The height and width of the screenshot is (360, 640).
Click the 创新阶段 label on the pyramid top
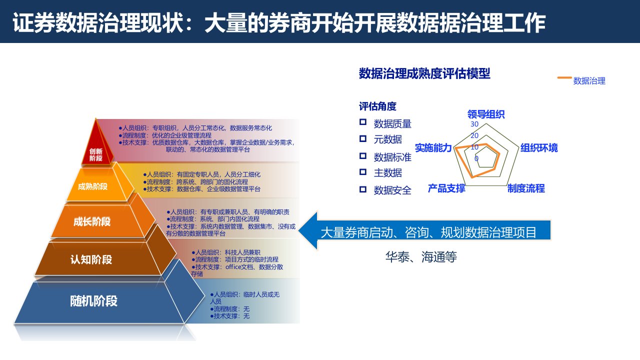click(x=95, y=154)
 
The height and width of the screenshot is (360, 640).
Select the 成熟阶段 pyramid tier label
click(x=92, y=186)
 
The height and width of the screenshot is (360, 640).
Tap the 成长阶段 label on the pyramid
click(x=92, y=221)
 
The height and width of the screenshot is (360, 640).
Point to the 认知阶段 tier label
click(x=91, y=259)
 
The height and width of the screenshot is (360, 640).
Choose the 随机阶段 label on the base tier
click(x=93, y=301)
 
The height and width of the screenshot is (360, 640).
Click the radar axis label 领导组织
click(x=486, y=114)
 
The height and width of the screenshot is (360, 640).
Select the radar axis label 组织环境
click(x=539, y=147)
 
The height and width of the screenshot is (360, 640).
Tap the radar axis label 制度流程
click(x=526, y=188)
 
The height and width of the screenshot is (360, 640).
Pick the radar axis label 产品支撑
click(x=446, y=188)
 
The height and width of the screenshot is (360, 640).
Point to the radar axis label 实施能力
click(x=433, y=147)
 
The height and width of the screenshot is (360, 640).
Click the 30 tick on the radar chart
click(x=474, y=124)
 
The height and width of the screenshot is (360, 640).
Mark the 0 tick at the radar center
click(x=476, y=158)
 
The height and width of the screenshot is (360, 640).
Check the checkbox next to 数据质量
click(x=363, y=122)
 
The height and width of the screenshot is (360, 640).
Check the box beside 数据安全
click(x=363, y=189)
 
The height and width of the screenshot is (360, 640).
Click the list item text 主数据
click(x=387, y=173)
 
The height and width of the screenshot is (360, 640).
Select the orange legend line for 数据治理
click(x=564, y=77)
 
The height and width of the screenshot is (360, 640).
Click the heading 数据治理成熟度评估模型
click(x=424, y=73)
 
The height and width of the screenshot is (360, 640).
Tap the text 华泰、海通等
click(x=421, y=256)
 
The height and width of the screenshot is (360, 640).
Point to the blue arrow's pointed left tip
click(x=298, y=231)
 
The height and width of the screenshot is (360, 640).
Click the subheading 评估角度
click(x=377, y=106)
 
